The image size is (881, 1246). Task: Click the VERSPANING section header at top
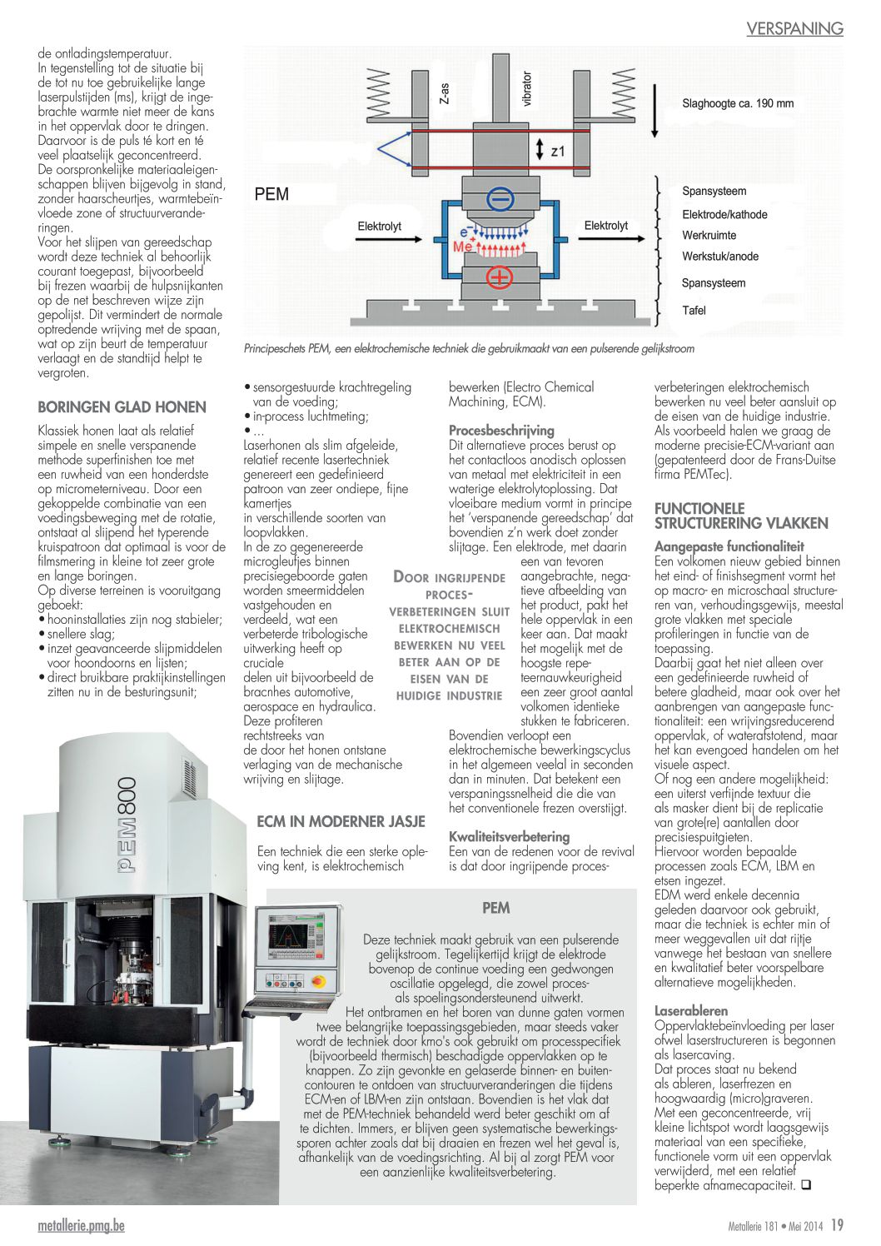click(794, 28)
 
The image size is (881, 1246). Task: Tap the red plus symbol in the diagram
click(499, 277)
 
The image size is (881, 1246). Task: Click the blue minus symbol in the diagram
click(499, 200)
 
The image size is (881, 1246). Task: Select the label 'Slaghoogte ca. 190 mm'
click(737, 104)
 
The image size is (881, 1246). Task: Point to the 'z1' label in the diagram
click(558, 152)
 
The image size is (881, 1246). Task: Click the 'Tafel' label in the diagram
click(694, 311)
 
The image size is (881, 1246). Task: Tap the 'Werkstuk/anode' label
click(719, 257)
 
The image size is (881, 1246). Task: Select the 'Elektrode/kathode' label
click(724, 214)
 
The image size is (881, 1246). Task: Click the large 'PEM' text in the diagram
click(271, 194)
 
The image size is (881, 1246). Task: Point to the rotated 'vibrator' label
click(526, 88)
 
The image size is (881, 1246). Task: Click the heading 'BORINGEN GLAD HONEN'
click(122, 407)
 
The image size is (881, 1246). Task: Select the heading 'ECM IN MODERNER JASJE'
click(341, 821)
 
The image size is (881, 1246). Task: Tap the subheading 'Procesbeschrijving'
click(501, 431)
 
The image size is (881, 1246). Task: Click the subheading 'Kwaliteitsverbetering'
click(509, 836)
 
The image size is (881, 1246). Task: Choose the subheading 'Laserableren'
click(690, 1011)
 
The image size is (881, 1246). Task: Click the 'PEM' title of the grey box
click(495, 908)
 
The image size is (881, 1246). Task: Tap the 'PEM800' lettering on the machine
click(127, 825)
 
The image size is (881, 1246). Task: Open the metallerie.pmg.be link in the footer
click(81, 1226)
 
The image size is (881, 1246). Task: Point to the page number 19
click(837, 1225)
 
